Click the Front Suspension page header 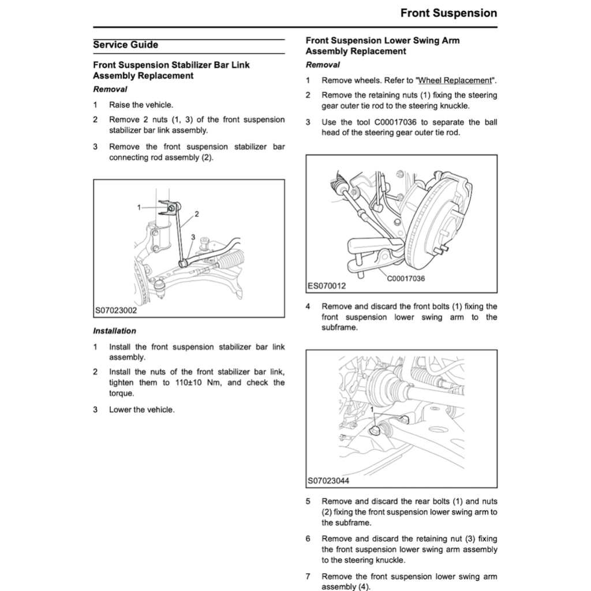pos(448,13)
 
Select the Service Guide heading pos(125,45)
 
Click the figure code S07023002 pos(116,311)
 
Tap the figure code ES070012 pos(326,286)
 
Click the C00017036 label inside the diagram pos(406,279)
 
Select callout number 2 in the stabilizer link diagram pos(197,214)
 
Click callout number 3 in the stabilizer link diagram pos(193,237)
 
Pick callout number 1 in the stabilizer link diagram pos(139,207)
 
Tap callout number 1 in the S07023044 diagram pos(373,409)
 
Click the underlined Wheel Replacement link pos(455,81)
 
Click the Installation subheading pos(114,331)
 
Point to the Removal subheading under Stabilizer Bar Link pos(110,89)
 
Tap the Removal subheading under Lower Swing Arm pos(323,65)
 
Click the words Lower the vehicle pos(141,410)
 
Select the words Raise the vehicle pos(141,105)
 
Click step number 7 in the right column pos(308,577)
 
